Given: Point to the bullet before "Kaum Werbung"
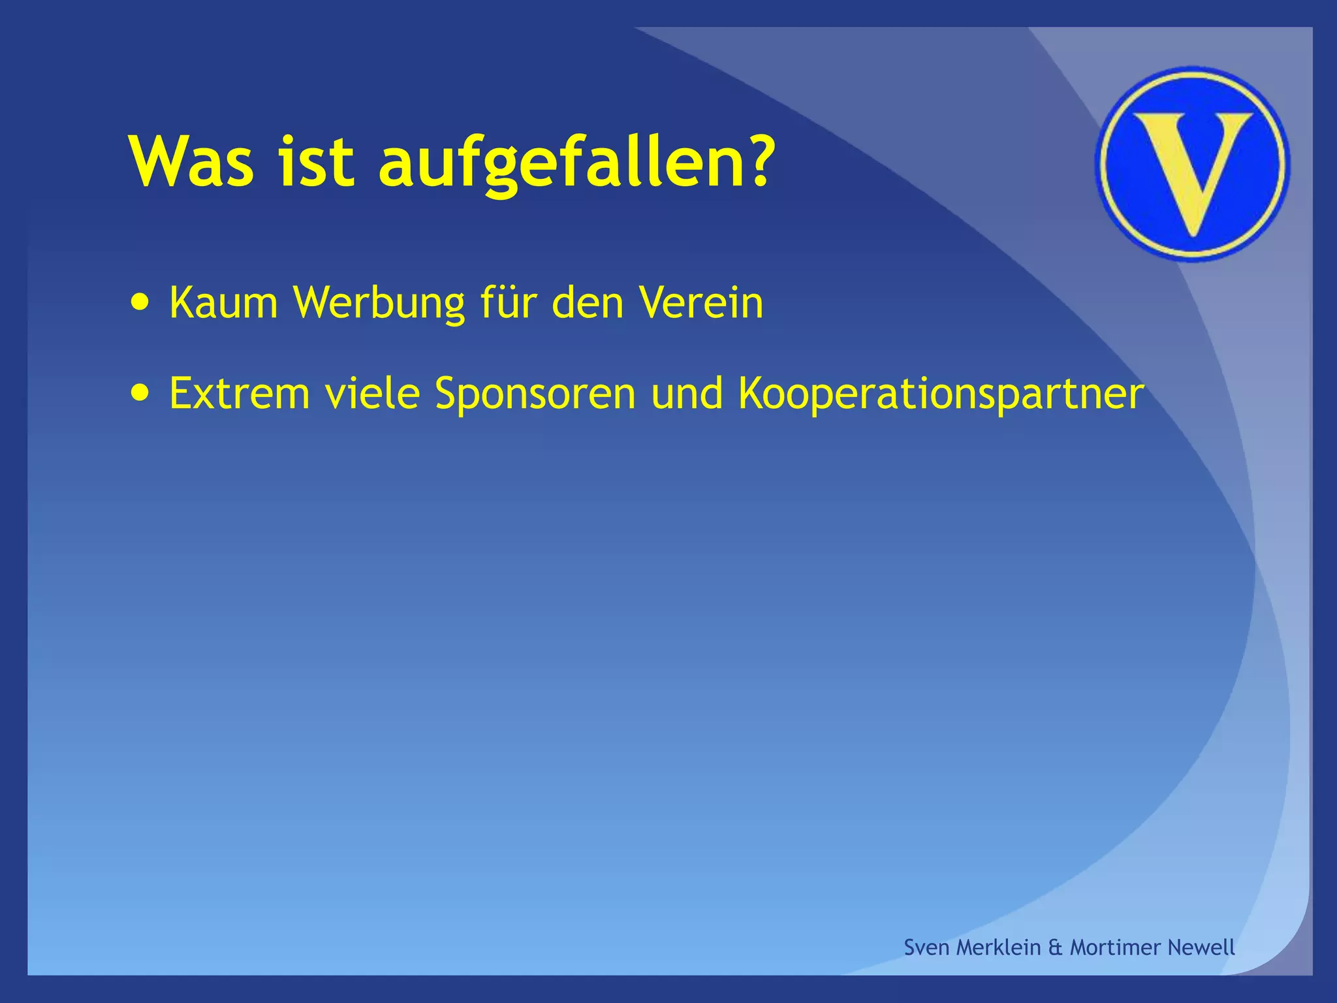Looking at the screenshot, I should (139, 303).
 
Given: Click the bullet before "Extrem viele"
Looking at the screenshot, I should (139, 393).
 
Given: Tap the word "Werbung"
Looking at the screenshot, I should (379, 304).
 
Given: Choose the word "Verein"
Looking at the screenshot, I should (700, 303).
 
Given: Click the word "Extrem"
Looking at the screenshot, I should (239, 393).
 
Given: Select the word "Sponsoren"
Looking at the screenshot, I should (535, 394).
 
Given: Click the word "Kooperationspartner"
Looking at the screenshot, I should (941, 394).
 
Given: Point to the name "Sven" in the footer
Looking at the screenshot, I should (926, 947).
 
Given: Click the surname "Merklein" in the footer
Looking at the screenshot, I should (998, 947).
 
